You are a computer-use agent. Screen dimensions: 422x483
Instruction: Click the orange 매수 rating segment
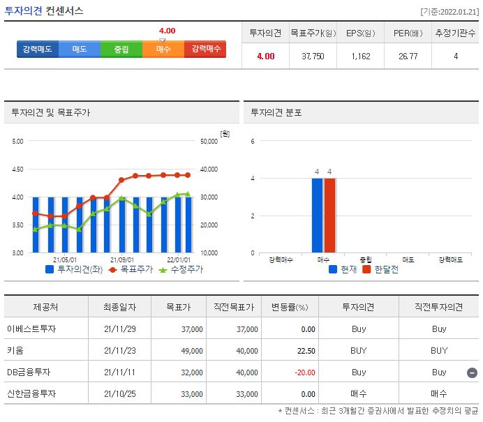point(163,50)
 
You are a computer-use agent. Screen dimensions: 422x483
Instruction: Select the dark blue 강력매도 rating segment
point(38,50)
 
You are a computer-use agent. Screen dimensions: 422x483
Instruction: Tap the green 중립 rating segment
point(121,50)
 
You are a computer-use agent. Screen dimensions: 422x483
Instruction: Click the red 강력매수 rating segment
point(205,50)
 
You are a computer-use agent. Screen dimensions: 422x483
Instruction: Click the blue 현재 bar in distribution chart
point(318,216)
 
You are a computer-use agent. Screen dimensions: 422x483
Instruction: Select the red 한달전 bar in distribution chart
point(329,216)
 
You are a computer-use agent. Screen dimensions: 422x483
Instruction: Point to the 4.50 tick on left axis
point(17,169)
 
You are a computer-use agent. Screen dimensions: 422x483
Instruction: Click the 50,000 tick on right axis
point(209,141)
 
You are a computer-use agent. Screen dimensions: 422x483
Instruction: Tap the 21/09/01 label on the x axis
point(122,259)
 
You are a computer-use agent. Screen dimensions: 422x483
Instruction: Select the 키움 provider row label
point(15,351)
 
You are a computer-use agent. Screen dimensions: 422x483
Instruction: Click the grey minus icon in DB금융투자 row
point(472,372)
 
